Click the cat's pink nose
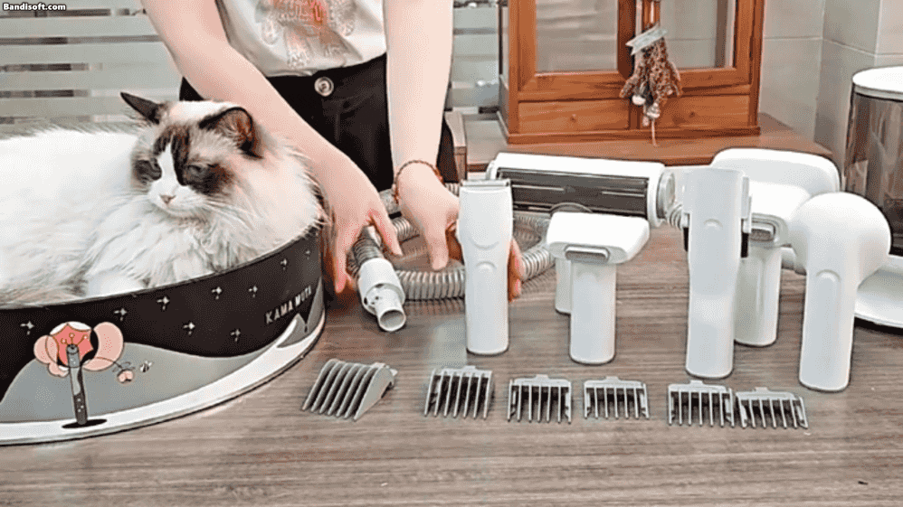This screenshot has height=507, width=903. (x=167, y=199)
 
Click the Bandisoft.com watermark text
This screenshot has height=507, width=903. (x=33, y=7)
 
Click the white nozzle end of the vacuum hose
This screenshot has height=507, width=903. (x=381, y=295)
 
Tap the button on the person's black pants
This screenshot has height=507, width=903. (x=324, y=86)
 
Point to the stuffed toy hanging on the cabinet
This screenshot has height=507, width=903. (x=651, y=74)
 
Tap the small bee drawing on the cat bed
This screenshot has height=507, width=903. (x=144, y=365)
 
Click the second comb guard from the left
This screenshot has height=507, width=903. (x=459, y=391)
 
